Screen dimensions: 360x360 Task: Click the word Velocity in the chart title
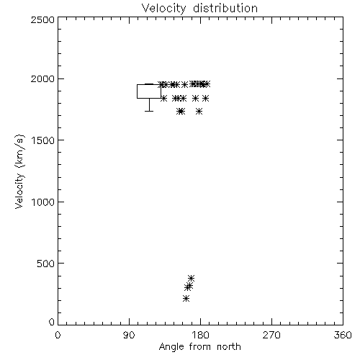164,9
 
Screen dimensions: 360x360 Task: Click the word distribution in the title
225,8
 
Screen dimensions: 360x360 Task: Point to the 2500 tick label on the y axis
42,19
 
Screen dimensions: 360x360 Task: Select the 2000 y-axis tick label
42,78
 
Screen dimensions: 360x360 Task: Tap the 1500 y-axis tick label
43,140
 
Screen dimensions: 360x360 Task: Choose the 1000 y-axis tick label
43,202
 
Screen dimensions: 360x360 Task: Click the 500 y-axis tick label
46,264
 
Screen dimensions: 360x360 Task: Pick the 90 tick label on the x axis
129,335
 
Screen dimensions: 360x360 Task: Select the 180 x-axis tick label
200,335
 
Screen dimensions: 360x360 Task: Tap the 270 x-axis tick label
271,335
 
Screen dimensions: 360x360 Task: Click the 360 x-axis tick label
343,335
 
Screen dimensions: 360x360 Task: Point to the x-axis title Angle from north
200,347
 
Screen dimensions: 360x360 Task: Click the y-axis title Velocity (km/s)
19,171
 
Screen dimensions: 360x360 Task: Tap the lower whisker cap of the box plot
149,111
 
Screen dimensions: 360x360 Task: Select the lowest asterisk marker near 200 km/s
186,299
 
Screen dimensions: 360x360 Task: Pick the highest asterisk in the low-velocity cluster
191,279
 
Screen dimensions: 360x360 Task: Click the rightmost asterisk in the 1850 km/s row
205,98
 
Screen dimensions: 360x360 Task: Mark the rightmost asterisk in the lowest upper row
199,112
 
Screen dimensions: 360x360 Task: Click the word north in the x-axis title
229,346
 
